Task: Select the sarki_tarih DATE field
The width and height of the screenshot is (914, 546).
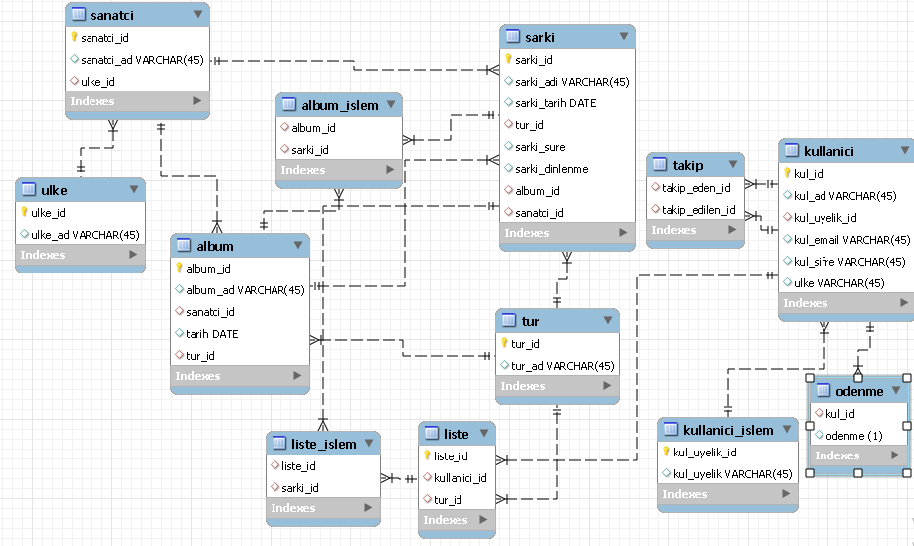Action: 556,103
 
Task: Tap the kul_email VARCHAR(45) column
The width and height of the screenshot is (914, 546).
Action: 851,240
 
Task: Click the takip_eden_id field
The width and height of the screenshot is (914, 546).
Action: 696,187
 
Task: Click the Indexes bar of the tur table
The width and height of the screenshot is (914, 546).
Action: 556,386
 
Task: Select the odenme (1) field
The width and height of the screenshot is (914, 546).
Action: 853,435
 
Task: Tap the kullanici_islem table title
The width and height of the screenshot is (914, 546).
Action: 728,431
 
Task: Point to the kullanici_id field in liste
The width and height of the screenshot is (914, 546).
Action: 460,478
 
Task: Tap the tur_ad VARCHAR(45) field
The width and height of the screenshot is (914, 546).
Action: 562,366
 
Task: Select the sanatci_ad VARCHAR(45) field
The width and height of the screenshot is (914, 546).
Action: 141,60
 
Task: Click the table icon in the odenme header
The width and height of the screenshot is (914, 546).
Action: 823,391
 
